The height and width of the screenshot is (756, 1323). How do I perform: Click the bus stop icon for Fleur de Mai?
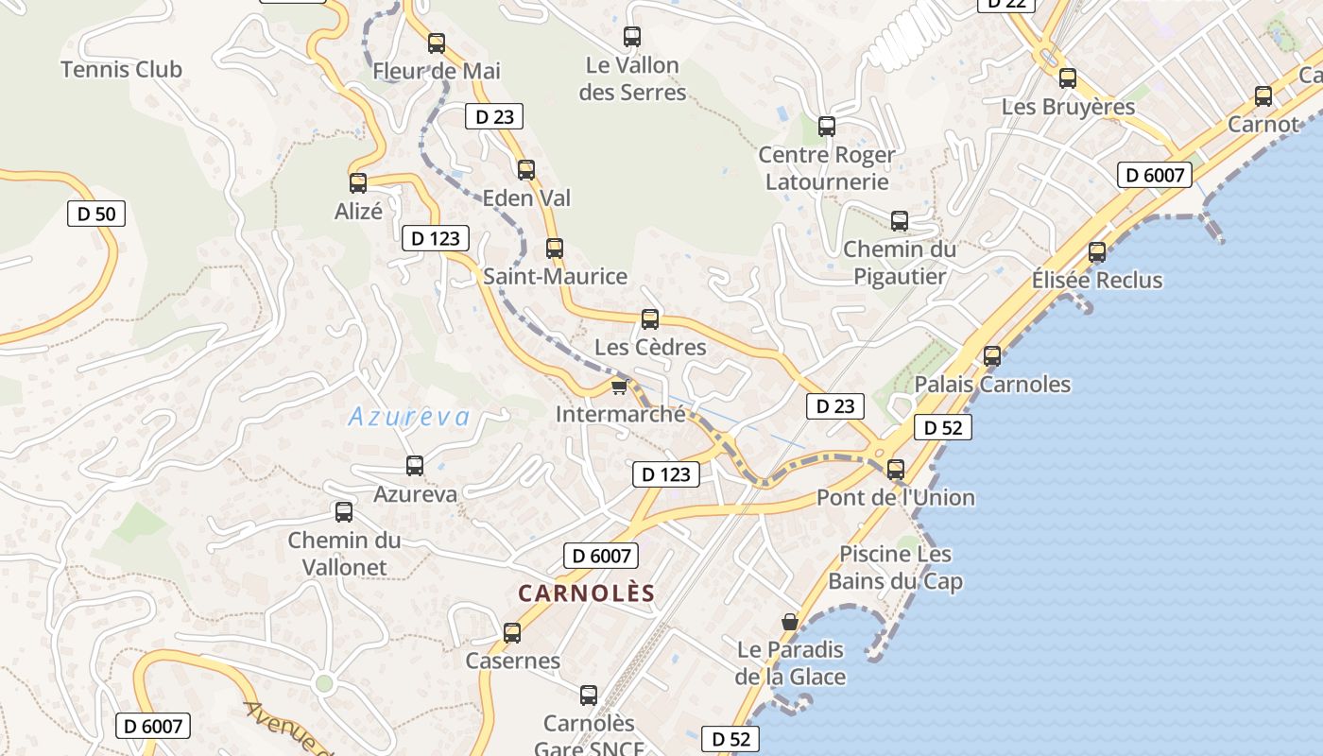436,43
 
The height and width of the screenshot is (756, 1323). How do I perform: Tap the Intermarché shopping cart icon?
620,387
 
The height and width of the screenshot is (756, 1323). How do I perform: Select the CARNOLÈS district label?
586,593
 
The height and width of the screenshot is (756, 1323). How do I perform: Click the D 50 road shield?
96,214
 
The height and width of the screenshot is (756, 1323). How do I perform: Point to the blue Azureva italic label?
409,417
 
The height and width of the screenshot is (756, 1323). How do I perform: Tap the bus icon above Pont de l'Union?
896,469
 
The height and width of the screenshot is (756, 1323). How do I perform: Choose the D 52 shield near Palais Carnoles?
942,427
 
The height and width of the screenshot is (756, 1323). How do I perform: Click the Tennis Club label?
121,69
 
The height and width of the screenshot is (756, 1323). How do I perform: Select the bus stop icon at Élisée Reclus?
1096,252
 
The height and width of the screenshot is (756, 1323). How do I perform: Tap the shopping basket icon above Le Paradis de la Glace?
790,622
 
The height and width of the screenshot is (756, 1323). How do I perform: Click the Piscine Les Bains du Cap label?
896,567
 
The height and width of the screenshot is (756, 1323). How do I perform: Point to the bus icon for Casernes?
512,632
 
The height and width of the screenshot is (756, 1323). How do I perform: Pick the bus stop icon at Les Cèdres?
650,319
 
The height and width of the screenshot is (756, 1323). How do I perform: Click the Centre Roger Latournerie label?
827,167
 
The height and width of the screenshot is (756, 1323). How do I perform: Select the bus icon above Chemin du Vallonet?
344,512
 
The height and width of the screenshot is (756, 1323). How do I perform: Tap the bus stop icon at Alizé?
358,183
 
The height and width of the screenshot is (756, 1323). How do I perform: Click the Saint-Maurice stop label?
555,276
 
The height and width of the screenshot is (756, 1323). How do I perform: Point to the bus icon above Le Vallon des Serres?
632,37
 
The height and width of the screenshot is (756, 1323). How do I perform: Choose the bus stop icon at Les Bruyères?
1068,78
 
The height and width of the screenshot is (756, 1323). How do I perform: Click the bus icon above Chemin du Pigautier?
900,221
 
